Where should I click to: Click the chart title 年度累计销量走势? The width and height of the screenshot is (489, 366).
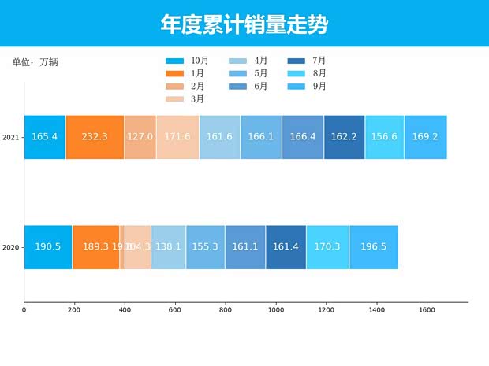[244, 24]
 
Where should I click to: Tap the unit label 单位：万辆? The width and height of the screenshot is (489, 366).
[35, 62]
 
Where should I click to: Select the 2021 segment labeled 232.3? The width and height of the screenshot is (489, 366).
[95, 137]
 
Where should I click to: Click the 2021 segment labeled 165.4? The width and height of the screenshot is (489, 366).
[45, 137]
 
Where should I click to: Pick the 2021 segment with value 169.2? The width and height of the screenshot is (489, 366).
[425, 137]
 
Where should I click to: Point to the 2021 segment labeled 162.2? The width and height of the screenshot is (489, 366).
[344, 137]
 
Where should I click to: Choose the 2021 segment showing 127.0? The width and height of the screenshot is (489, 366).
[140, 137]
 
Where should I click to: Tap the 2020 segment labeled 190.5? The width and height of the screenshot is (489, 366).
[48, 247]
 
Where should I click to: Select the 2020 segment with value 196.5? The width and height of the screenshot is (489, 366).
[373, 247]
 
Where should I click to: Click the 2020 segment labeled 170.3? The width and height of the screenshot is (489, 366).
[327, 247]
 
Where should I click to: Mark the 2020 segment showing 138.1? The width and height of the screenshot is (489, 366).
[168, 247]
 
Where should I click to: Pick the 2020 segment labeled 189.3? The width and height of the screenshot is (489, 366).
[95, 247]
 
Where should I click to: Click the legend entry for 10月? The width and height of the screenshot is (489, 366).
[187, 61]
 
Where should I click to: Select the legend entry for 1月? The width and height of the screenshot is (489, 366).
[185, 73]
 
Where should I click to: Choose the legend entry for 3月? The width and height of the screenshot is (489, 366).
[185, 99]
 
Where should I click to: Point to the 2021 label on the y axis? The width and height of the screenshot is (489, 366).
[10, 138]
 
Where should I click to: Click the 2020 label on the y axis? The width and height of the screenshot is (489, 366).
[10, 248]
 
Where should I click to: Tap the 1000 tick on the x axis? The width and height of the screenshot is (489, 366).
[275, 310]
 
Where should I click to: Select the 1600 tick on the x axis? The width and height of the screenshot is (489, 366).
[427, 310]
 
